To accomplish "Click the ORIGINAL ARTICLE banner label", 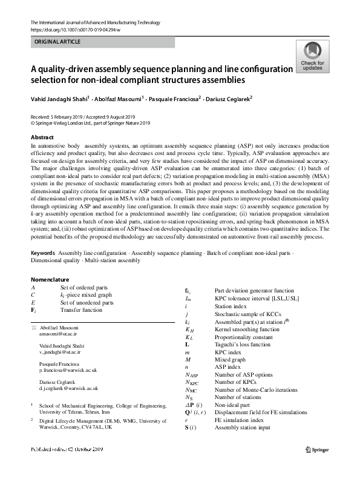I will click(57, 42).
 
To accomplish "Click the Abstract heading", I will click(42, 137).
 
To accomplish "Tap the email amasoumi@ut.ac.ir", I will click(59, 334).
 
